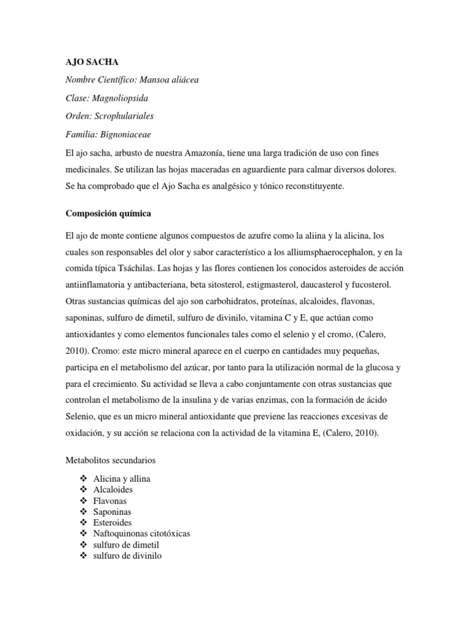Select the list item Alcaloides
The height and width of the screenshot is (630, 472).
click(x=113, y=490)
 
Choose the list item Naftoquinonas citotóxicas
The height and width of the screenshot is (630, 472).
click(x=141, y=534)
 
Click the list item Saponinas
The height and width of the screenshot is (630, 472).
click(x=112, y=512)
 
